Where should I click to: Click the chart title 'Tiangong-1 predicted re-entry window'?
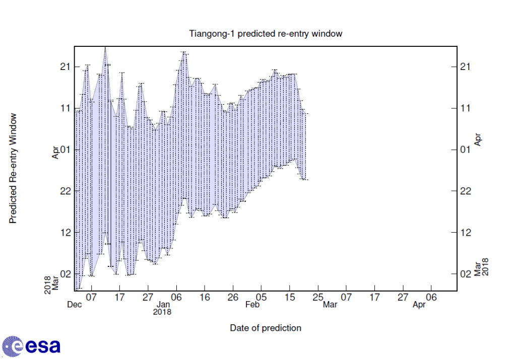(x=266, y=34)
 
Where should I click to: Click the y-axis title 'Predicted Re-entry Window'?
(x=14, y=168)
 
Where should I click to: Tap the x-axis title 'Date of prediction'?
(x=266, y=328)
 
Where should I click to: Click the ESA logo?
(x=31, y=346)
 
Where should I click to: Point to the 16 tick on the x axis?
(x=205, y=298)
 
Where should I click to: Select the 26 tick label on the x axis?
(x=233, y=298)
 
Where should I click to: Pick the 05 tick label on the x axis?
(x=261, y=298)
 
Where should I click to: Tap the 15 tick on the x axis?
(x=289, y=298)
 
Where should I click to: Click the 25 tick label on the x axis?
(x=317, y=298)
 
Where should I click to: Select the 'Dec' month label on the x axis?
(x=75, y=305)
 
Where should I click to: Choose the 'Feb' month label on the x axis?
(x=252, y=305)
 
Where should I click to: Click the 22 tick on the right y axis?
(x=466, y=191)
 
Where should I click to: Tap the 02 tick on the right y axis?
(x=466, y=273)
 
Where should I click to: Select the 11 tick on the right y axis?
(x=466, y=108)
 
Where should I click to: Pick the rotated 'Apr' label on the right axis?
(x=478, y=139)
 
